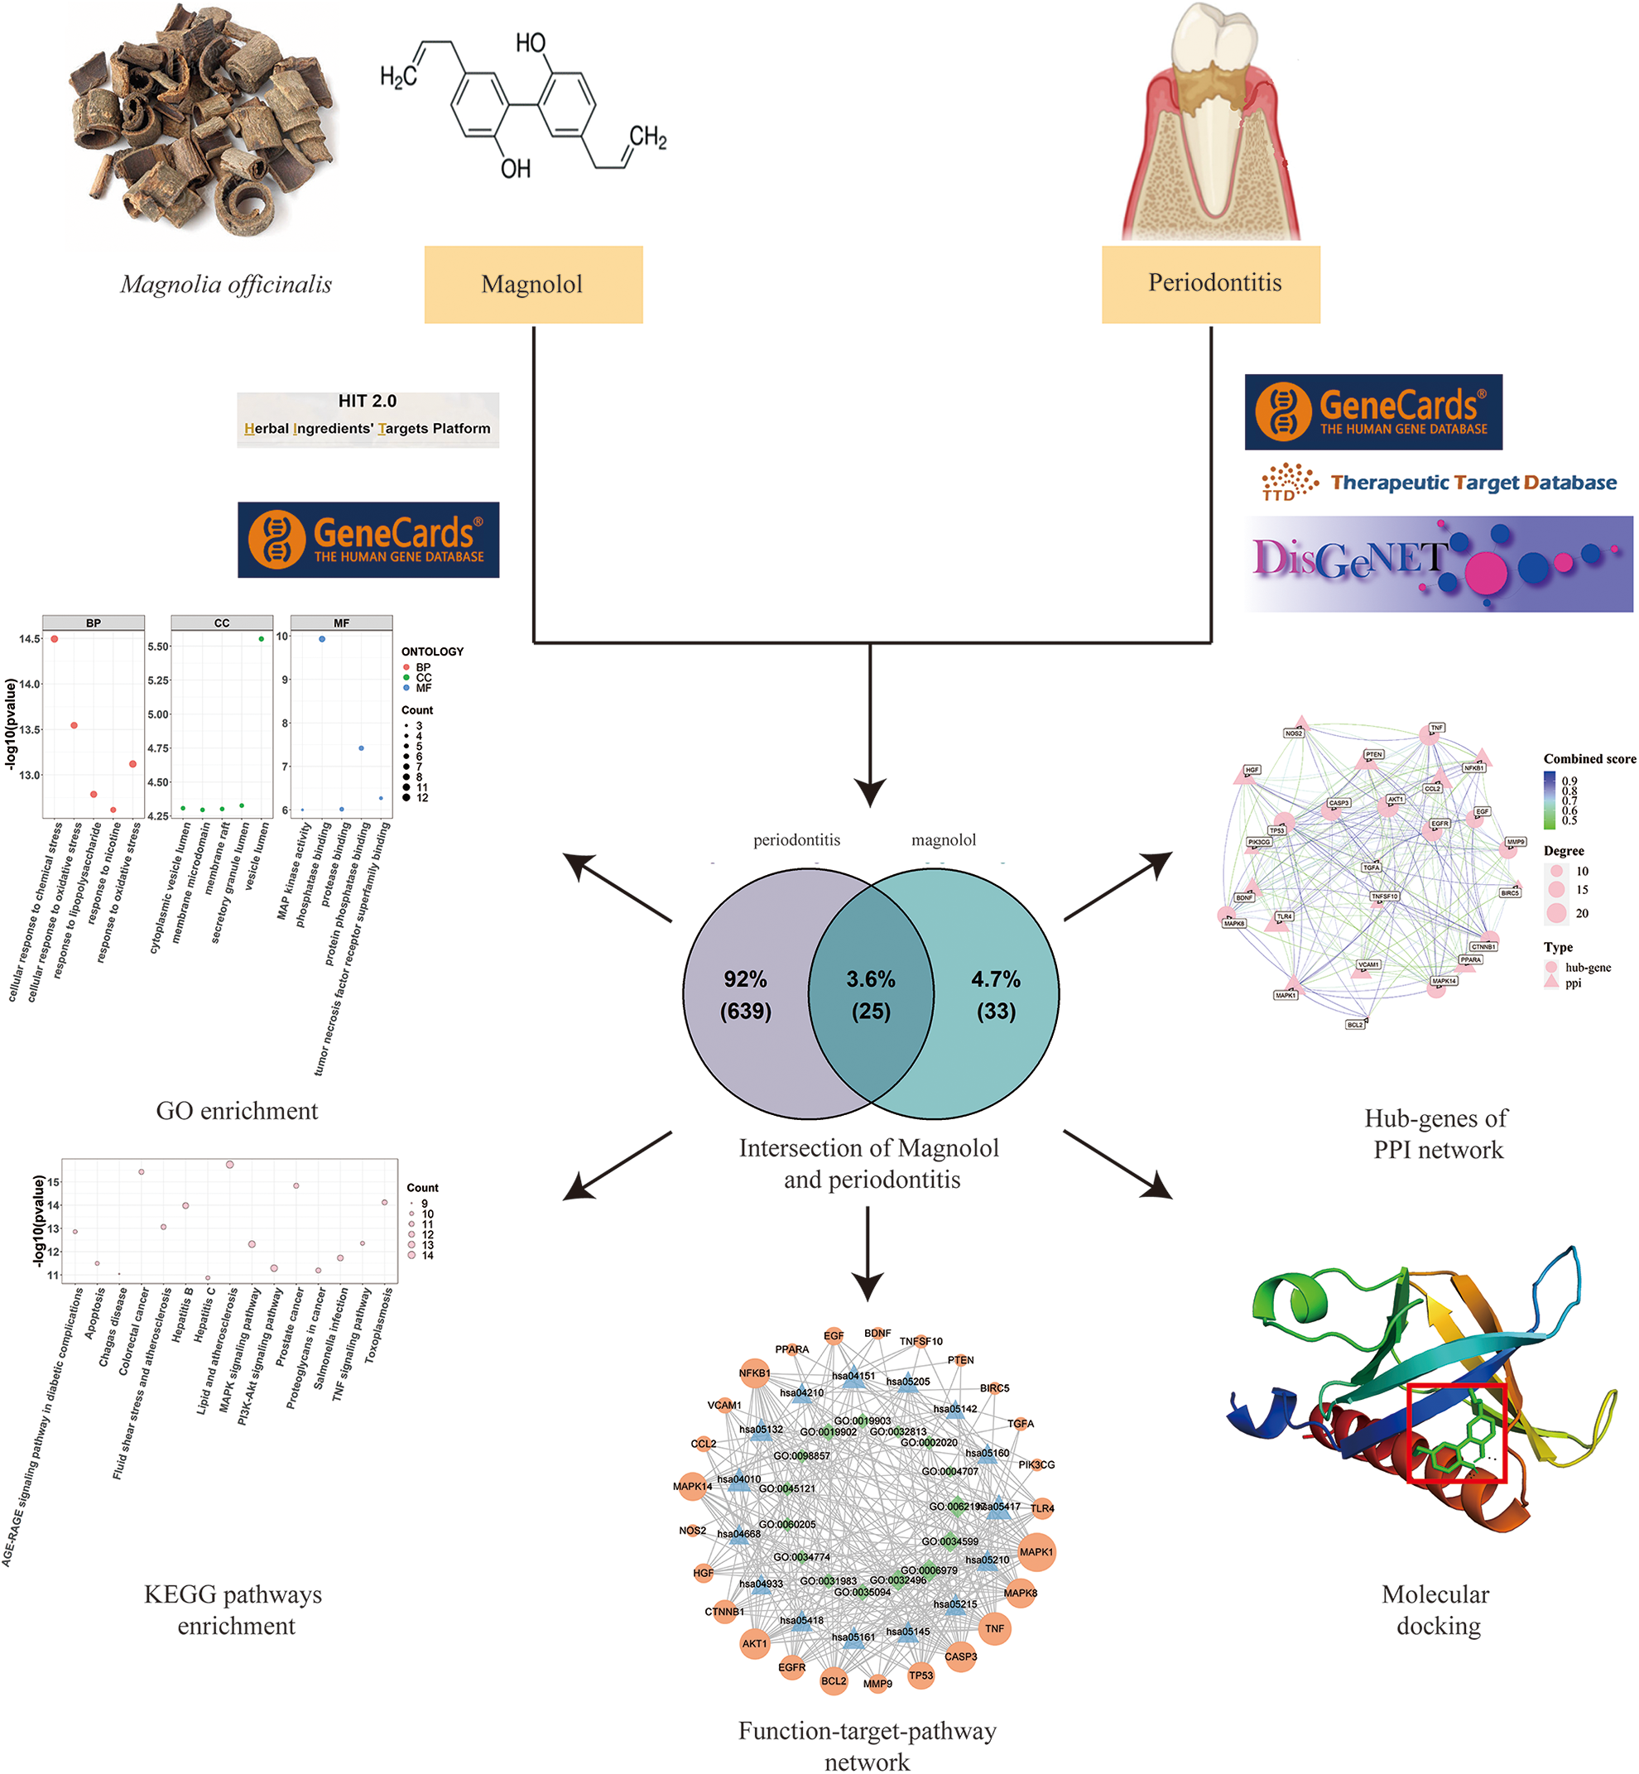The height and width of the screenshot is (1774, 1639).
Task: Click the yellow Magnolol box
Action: (533, 285)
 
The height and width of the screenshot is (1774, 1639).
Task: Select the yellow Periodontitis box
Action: (1210, 284)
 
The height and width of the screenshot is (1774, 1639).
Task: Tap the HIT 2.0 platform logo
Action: (368, 419)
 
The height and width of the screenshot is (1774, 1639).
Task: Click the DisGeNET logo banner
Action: (1439, 564)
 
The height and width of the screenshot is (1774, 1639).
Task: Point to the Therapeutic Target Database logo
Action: (1439, 482)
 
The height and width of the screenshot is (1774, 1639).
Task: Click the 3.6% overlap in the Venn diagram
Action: (870, 994)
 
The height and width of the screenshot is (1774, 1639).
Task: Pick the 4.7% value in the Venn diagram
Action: (995, 979)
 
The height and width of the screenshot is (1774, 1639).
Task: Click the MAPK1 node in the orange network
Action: (1036, 1552)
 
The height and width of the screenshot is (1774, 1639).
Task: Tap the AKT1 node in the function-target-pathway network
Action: (755, 1643)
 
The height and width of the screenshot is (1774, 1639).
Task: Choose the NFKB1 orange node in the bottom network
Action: (754, 1374)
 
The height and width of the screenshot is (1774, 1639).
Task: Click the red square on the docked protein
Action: (1457, 1432)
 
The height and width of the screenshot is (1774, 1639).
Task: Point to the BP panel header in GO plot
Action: (93, 623)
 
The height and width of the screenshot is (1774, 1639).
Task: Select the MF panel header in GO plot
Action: (341, 623)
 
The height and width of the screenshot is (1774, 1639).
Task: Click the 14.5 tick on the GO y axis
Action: (29, 638)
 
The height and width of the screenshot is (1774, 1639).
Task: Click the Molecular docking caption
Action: (1436, 1610)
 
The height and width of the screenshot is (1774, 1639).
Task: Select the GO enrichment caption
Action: (237, 1111)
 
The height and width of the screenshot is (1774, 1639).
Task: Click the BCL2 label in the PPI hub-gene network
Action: (1354, 1025)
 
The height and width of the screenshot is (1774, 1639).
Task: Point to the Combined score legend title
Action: (1589, 758)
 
